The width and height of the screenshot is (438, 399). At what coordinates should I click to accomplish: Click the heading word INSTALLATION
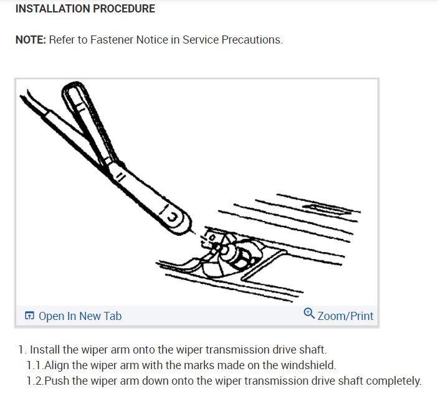[52, 9]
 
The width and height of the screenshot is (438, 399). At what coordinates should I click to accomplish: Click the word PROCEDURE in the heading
[124, 9]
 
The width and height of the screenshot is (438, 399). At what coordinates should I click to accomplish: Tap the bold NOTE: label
[31, 40]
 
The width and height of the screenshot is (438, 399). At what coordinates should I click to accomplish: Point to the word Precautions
[252, 40]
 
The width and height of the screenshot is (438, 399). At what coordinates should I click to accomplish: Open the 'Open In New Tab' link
[80, 316]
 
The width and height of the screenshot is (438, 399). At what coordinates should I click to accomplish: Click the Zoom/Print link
[345, 316]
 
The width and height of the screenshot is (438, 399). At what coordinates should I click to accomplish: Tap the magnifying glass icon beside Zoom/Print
[309, 313]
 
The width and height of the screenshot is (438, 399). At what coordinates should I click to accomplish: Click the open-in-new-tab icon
[29, 316]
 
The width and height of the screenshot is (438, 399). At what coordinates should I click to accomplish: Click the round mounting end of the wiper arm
[176, 220]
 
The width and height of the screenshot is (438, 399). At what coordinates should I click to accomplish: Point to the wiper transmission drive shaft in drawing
[224, 249]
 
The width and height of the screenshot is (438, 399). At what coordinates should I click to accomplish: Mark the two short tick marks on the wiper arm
[121, 177]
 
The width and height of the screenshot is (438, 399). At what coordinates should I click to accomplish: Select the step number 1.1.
[35, 365]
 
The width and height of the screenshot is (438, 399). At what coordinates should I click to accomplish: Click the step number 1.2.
[35, 381]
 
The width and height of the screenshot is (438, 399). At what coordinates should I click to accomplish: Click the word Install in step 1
[45, 350]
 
